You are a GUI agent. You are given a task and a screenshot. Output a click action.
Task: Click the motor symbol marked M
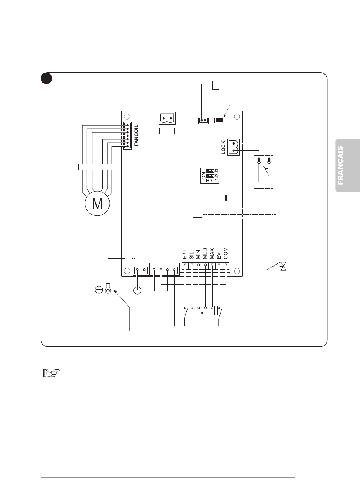(97, 203)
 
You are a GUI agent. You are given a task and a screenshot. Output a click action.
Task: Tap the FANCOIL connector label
(136, 136)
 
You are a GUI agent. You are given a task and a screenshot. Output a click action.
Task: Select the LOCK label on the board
(223, 147)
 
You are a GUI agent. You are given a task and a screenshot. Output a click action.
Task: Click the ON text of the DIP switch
(203, 176)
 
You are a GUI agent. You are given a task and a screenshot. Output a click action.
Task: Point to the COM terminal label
(225, 253)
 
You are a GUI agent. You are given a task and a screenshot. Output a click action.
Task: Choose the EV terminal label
(219, 256)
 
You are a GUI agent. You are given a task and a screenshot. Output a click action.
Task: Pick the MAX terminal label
(212, 254)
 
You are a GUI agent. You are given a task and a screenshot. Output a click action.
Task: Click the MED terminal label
(205, 254)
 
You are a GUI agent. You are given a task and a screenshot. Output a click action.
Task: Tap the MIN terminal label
(198, 254)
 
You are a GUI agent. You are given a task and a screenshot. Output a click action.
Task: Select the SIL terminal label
(191, 255)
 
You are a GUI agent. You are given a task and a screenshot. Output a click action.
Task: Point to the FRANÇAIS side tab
(347, 165)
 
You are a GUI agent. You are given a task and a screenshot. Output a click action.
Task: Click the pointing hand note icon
(52, 373)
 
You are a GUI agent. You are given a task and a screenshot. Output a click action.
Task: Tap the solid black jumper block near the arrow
(219, 120)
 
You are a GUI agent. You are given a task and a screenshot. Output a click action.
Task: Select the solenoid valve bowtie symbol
(283, 266)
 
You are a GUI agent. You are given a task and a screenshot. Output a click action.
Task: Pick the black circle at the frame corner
(47, 78)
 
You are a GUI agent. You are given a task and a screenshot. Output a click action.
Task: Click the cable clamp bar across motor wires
(97, 167)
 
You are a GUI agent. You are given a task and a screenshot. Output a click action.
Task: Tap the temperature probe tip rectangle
(234, 86)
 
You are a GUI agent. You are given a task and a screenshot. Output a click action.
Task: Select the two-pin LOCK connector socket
(234, 147)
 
